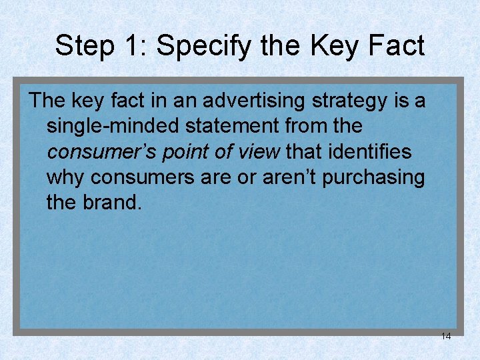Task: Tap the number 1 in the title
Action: [129, 46]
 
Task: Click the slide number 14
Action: [445, 336]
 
